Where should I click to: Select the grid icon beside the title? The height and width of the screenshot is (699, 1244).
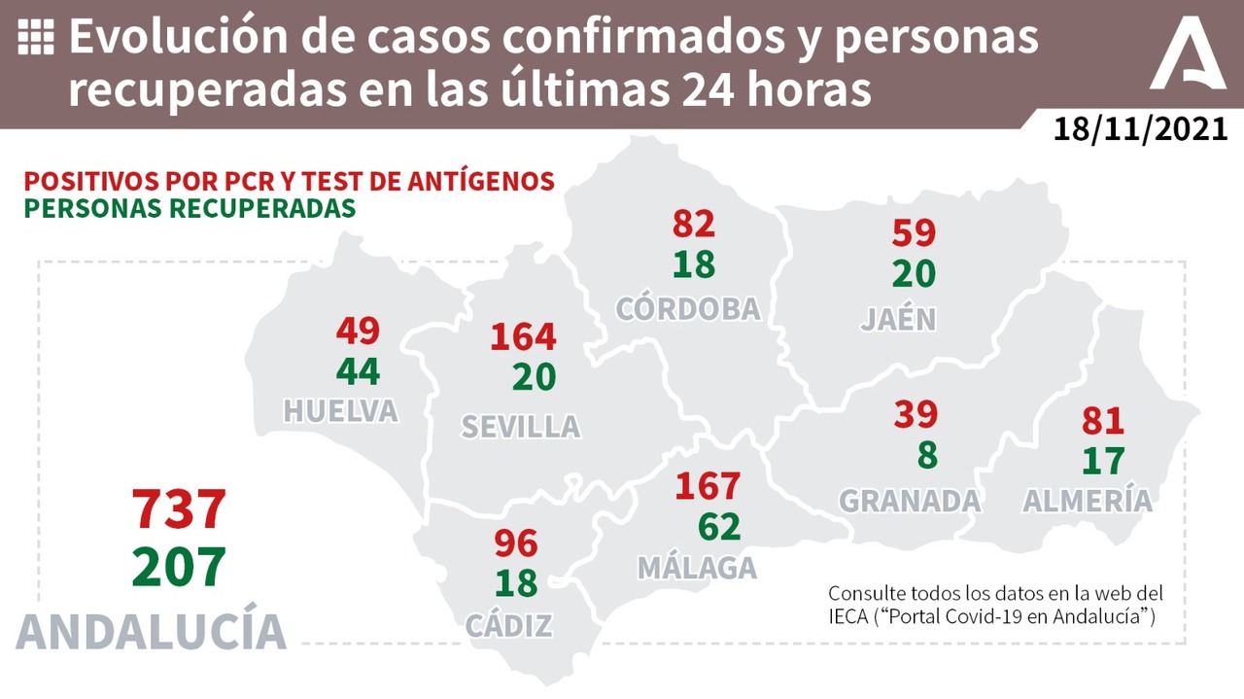click(x=36, y=38)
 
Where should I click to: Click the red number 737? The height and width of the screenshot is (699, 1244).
click(x=179, y=509)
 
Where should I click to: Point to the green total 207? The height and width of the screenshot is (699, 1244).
click(x=179, y=566)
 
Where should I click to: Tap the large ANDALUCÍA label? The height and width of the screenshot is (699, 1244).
click(x=152, y=630)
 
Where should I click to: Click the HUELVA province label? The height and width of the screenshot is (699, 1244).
click(x=340, y=411)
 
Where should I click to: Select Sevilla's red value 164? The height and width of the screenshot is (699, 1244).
click(x=523, y=337)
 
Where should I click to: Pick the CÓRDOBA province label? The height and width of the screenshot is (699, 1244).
click(x=688, y=308)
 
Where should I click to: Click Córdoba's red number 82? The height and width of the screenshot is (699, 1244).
click(x=694, y=224)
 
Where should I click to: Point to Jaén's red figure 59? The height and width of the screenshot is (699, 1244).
click(x=914, y=233)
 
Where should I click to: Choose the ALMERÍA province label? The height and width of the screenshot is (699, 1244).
click(x=1088, y=501)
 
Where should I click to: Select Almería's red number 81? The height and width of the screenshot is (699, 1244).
click(x=1102, y=421)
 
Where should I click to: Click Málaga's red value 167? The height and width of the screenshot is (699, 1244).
click(x=708, y=485)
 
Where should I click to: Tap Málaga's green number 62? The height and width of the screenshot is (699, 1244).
click(x=719, y=527)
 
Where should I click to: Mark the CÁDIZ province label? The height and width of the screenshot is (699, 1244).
click(x=509, y=625)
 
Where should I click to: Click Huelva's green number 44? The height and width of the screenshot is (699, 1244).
click(x=358, y=371)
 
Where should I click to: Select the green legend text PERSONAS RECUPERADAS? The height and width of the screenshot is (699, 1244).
click(x=190, y=208)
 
